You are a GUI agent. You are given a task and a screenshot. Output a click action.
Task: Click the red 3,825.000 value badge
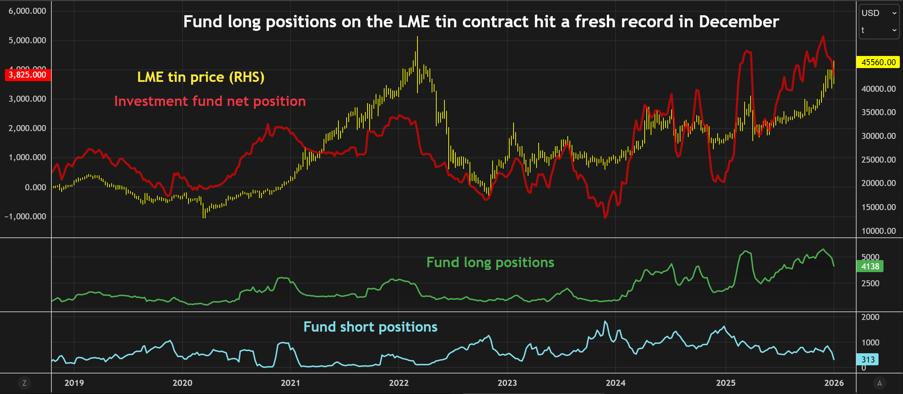tap(28, 75)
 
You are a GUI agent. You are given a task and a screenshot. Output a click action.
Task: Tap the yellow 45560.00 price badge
tap(878, 62)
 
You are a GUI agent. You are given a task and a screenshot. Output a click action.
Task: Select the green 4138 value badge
tap(870, 266)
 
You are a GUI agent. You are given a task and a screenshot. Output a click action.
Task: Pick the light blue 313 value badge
tap(868, 359)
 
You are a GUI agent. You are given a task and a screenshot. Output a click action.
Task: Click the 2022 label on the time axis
tap(399, 383)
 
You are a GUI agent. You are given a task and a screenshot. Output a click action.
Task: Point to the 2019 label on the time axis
tap(74, 383)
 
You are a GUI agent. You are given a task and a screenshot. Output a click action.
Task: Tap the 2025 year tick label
tap(725, 383)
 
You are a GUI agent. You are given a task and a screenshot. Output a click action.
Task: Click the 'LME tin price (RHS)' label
tap(201, 77)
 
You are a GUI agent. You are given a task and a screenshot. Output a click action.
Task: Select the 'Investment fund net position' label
tap(210, 101)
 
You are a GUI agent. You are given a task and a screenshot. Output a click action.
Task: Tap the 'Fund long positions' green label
tap(490, 263)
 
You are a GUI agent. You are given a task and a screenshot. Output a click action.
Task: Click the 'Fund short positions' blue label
tap(370, 327)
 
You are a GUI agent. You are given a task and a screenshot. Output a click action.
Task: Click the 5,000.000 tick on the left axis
tap(27, 40)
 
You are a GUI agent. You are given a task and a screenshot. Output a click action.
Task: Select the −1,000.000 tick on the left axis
tap(25, 216)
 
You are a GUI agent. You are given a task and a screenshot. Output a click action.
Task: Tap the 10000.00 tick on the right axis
tap(879, 231)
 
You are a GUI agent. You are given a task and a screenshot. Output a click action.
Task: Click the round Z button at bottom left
tap(24, 383)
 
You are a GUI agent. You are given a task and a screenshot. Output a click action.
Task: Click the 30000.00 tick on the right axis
tap(879, 136)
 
